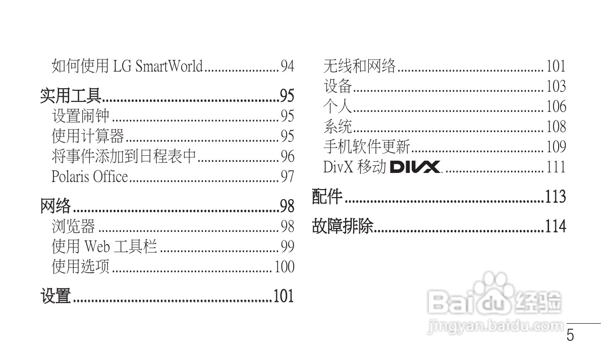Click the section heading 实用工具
pos(71,95)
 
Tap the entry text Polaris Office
pos(90,177)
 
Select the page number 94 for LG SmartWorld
pos(287,66)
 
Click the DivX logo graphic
pos(415,167)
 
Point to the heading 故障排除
pos(343,226)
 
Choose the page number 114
pos(555,226)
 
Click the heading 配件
pos(327,197)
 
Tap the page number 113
pos(555,197)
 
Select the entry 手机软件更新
pos(367,147)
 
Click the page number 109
pos(556,147)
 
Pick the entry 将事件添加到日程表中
pos(124,157)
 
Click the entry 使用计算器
pos(88,137)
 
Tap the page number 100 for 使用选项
pos(284,267)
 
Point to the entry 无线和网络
pos(359,66)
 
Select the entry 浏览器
pos(73,227)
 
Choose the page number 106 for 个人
pos(556,106)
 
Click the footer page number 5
pos(570,336)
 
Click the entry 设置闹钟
pos(80,116)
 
